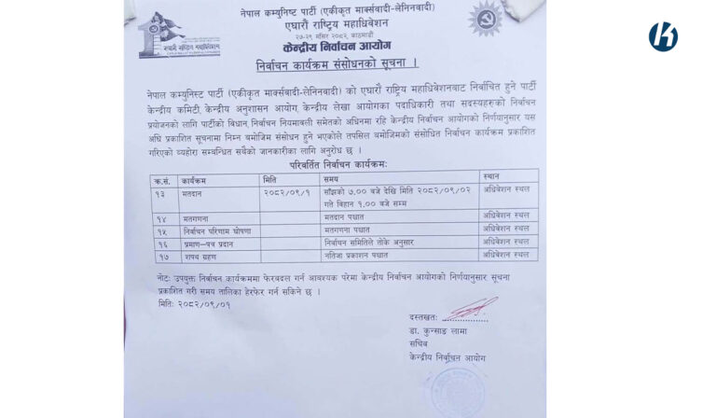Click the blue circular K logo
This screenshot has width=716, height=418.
click(663, 36)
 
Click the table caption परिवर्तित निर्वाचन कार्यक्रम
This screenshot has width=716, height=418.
click(337, 163)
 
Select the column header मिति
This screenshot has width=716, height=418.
click(270, 177)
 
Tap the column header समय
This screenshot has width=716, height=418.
click(332, 177)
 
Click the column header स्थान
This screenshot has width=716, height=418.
click(492, 175)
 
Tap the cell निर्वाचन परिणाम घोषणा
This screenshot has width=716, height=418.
click(217, 229)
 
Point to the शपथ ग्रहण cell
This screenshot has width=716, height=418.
click(199, 255)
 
